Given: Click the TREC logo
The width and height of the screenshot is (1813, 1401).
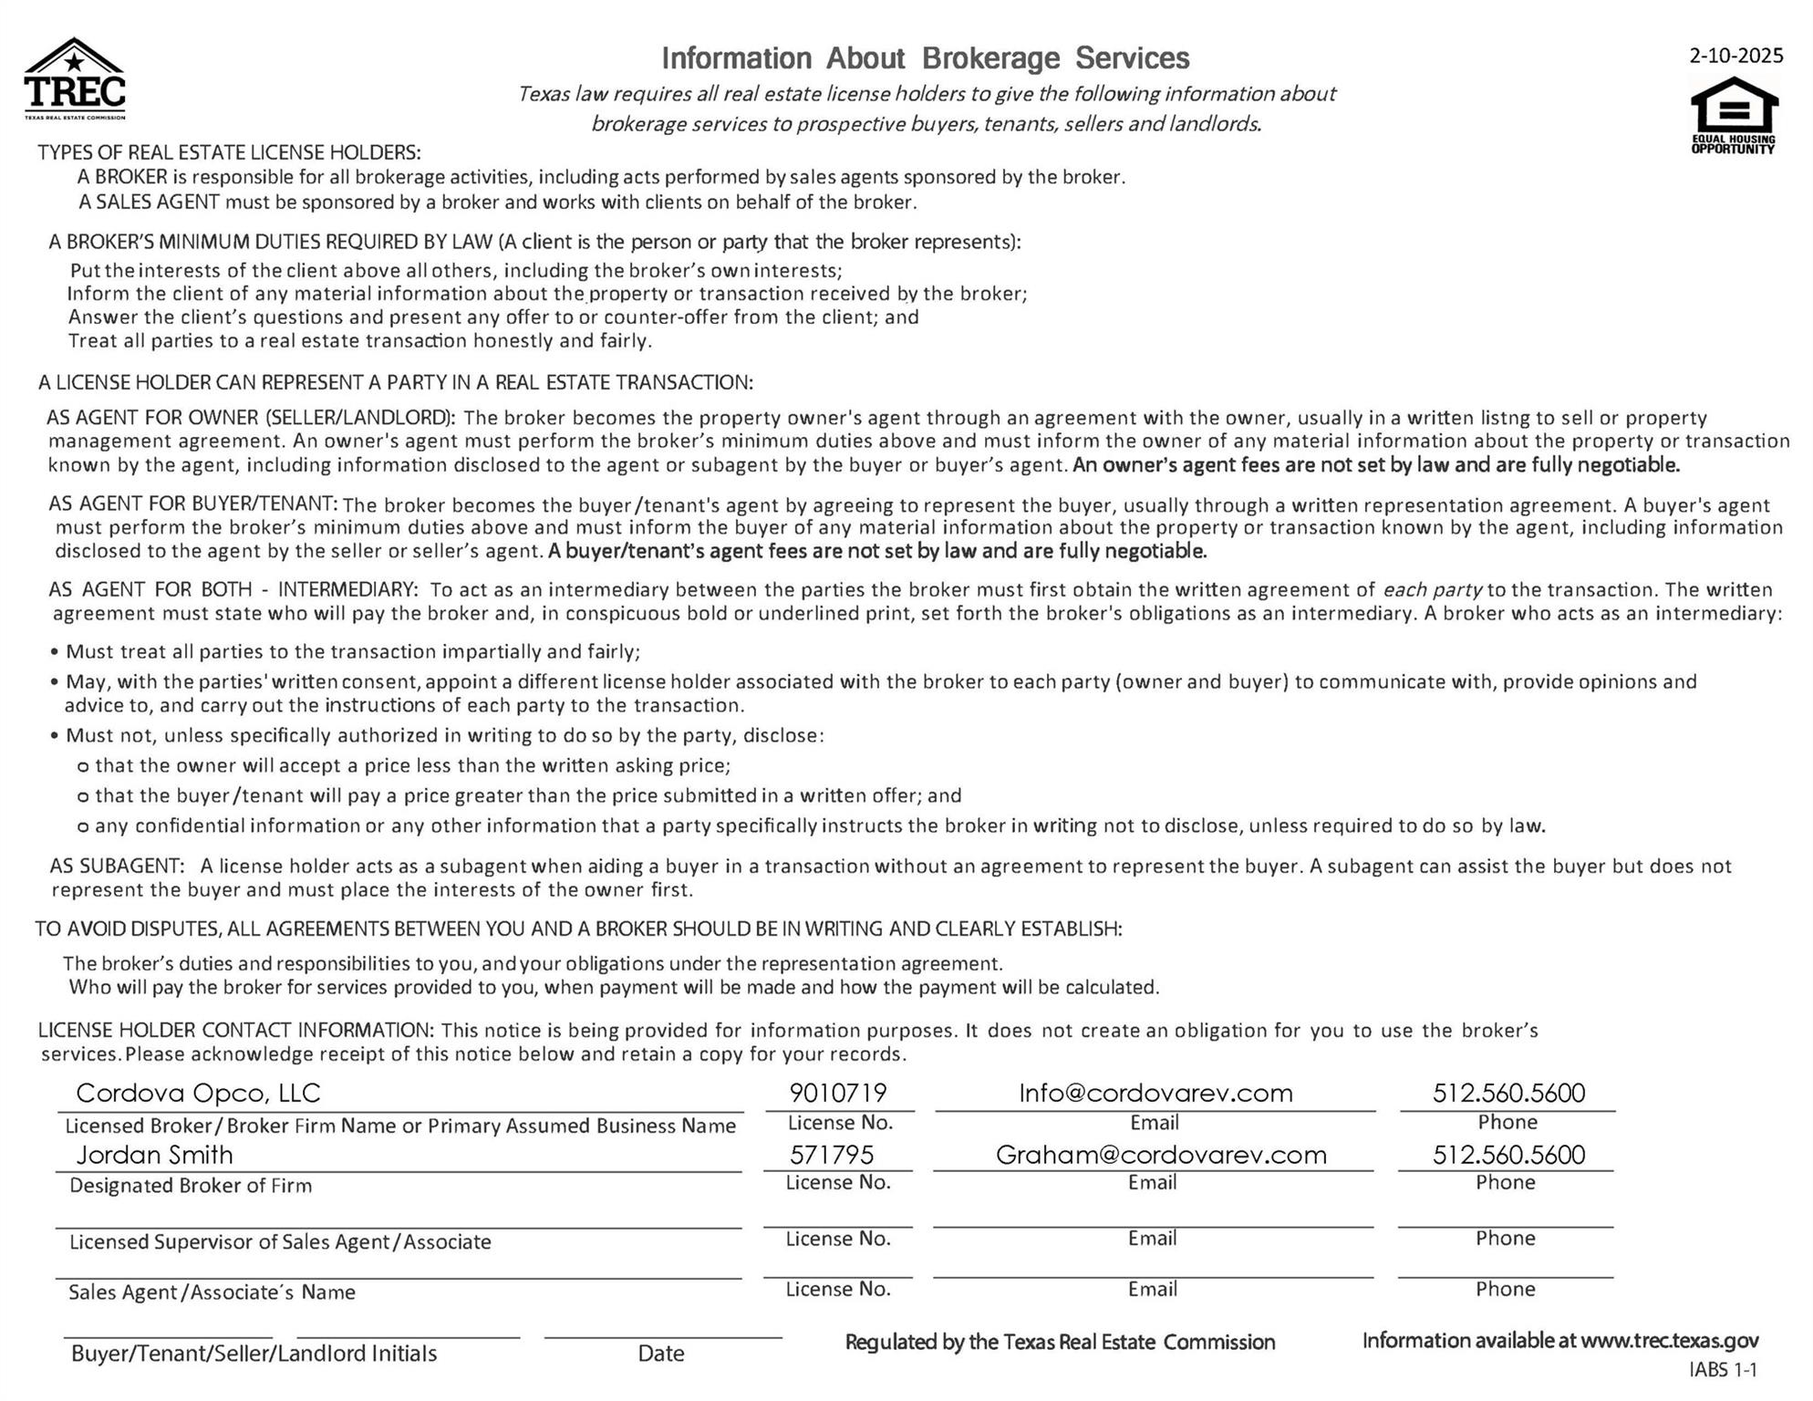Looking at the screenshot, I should point(75,79).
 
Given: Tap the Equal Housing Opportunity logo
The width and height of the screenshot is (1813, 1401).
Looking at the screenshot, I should point(1734,115).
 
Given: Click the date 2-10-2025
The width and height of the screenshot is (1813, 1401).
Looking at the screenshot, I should point(1735,56).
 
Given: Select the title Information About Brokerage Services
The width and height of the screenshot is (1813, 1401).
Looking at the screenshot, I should point(925,58).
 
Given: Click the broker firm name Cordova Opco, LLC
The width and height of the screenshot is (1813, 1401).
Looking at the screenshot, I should point(198,1093).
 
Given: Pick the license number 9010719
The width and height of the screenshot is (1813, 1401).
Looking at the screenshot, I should point(838,1093).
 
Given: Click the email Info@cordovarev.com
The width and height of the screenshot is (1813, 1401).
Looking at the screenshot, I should point(1155,1093).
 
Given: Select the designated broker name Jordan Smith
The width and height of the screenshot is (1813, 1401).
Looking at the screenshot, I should point(154,1155).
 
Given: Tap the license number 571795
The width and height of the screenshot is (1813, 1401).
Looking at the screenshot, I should point(832,1155).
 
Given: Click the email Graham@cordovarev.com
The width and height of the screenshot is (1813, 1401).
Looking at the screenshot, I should point(1161,1155).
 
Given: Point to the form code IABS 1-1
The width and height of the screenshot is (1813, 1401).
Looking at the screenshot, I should point(1723,1370).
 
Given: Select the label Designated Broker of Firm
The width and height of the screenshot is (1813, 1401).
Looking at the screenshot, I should point(191,1186).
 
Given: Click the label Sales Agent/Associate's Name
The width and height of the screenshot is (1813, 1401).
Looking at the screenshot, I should point(212,1292).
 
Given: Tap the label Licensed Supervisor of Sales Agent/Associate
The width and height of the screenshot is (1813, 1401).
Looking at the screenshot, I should point(280,1242).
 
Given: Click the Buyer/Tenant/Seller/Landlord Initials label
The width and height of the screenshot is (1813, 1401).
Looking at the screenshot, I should point(254,1354).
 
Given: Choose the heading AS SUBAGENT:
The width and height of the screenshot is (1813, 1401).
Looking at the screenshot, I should point(117,866).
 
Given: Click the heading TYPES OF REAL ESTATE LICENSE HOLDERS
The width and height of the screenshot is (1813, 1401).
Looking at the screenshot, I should point(229,152).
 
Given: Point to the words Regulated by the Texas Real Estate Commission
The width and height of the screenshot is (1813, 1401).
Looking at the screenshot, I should point(1060,1343).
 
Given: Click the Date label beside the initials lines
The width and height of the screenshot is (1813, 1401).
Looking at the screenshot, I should point(661,1354).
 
